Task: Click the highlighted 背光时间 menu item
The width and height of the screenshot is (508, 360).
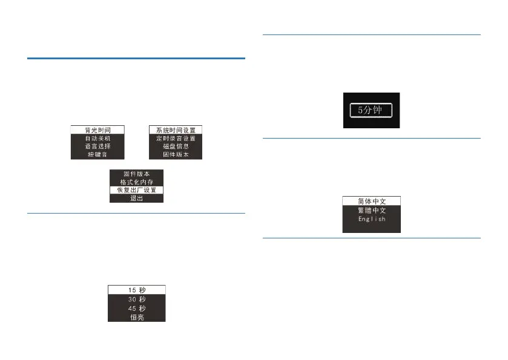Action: [97, 129]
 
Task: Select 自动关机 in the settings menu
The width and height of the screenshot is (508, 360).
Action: [97, 138]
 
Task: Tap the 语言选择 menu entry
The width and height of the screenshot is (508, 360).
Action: [97, 146]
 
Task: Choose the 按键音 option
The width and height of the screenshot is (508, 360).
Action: [97, 155]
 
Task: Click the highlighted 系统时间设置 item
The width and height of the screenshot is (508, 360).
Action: [175, 129]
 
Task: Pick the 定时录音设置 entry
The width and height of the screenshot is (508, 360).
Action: [175, 138]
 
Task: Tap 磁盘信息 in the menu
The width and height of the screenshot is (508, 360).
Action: [175, 146]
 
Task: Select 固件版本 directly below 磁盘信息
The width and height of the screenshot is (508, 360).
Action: [175, 155]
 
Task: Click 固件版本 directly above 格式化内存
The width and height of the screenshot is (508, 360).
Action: [136, 173]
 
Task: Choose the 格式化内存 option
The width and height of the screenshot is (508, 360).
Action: [136, 182]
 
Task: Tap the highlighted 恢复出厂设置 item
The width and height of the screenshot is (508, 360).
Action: [136, 190]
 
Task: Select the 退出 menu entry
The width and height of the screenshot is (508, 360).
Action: [136, 198]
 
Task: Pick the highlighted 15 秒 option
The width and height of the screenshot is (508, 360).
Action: [136, 289]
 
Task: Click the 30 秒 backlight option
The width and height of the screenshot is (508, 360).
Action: [136, 298]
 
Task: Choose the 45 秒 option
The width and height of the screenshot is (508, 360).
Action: [136, 307]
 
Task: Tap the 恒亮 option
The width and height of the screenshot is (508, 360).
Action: [136, 316]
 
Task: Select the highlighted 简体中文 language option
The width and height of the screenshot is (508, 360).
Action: [372, 201]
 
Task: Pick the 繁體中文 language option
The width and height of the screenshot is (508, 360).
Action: [372, 211]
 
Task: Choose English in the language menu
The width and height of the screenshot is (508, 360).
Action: [372, 220]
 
